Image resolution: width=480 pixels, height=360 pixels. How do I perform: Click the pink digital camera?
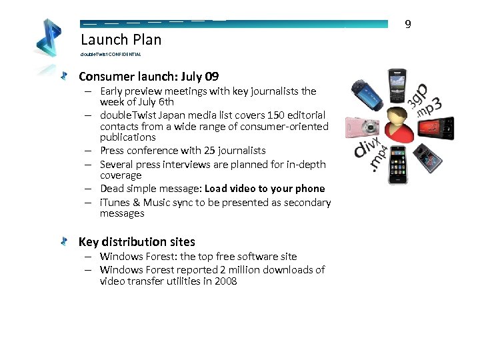click(x=361, y=127)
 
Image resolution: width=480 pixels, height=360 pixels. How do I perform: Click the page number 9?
click(x=408, y=25)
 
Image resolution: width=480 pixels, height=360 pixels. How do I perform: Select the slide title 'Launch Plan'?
click(x=121, y=39)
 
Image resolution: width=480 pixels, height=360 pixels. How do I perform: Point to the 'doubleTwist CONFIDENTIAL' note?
click(x=111, y=54)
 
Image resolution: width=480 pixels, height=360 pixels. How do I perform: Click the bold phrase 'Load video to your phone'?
click(x=265, y=189)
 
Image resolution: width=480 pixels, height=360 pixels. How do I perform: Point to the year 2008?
click(x=225, y=281)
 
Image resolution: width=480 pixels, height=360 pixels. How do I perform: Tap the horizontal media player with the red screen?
click(x=441, y=125)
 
